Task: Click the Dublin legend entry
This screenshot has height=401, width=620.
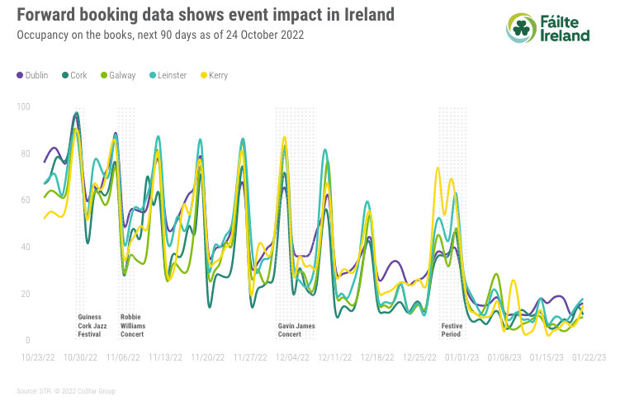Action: [x=32, y=75]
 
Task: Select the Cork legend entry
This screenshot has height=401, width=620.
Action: [x=77, y=75]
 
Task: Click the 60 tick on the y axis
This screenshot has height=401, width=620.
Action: [x=24, y=200]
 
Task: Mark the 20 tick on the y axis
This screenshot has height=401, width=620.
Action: [x=24, y=294]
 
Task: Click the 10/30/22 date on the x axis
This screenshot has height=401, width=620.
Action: [x=80, y=358]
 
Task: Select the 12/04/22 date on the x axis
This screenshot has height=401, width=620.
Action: [x=293, y=358]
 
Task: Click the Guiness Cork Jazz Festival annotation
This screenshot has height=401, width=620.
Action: [x=89, y=324]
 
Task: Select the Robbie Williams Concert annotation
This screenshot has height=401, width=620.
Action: [x=132, y=324]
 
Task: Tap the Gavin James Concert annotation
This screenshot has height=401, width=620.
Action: [x=296, y=329]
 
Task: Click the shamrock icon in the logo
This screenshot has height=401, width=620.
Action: [x=521, y=27]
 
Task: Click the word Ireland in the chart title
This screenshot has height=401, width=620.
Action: [x=364, y=15]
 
